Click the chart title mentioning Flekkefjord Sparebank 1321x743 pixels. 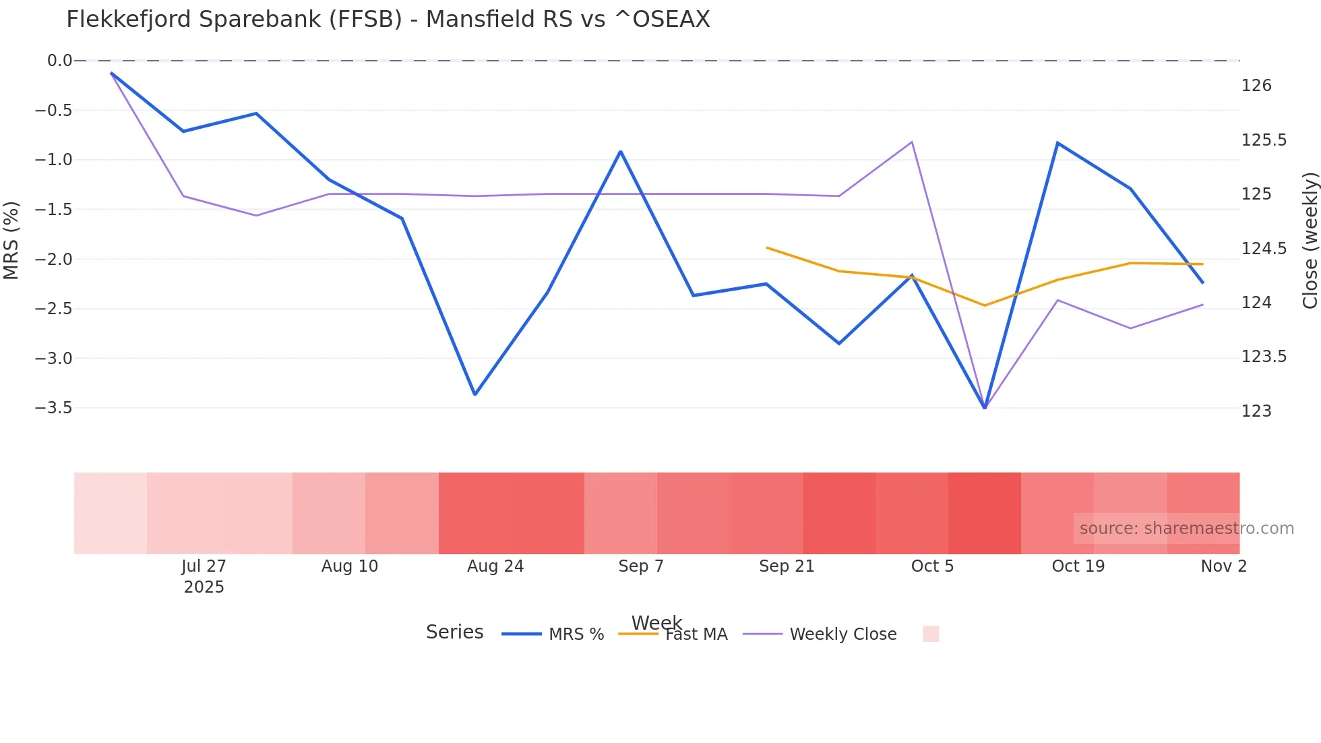coord(388,20)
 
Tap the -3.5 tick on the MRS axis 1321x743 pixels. coord(53,408)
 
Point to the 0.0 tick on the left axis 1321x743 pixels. coord(59,61)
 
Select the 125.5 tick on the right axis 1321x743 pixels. coord(1264,140)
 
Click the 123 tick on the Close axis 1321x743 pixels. coord(1256,411)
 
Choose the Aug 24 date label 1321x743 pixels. coord(495,566)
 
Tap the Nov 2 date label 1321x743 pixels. coord(1223,566)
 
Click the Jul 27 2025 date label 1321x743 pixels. coord(204,576)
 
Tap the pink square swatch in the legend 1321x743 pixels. coord(931,634)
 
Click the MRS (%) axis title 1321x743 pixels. coord(11,241)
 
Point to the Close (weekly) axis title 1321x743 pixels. coord(1310,241)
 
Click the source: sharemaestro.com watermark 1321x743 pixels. coord(1186,529)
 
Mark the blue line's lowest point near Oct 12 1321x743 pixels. coord(985,408)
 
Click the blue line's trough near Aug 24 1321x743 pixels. coord(474,394)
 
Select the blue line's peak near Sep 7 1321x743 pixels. coord(621,151)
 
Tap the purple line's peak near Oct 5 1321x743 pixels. coord(912,142)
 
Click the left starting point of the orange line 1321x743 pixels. coord(767,247)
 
